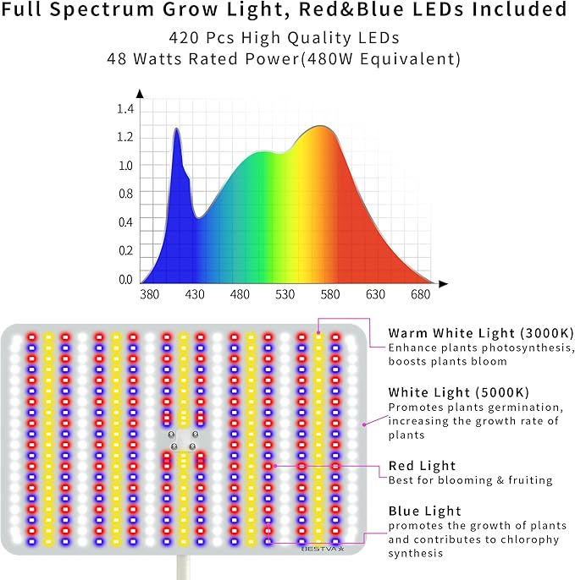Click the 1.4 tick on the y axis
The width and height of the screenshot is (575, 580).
[125, 109]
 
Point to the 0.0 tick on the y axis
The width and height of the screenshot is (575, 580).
[125, 280]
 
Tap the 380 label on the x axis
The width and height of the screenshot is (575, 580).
[149, 295]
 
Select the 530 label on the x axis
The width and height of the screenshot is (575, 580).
[285, 295]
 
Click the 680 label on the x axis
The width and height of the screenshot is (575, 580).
[420, 295]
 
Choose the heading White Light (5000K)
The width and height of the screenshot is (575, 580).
[458, 392]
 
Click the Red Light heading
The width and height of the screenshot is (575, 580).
[422, 466]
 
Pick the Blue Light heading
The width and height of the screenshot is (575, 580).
[424, 512]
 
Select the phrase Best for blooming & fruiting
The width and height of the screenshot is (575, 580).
[470, 481]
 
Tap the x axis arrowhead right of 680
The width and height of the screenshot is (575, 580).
[445, 282]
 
